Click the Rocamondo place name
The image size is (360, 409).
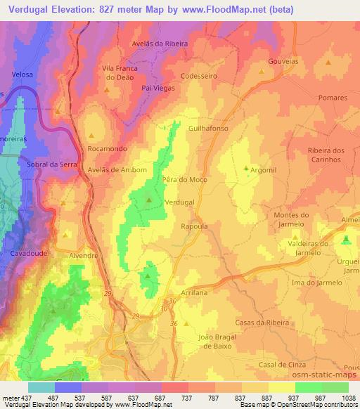tap(103, 149)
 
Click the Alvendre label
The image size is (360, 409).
tap(83, 256)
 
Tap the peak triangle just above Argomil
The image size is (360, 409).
tap(245, 168)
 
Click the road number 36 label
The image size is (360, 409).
tap(175, 323)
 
